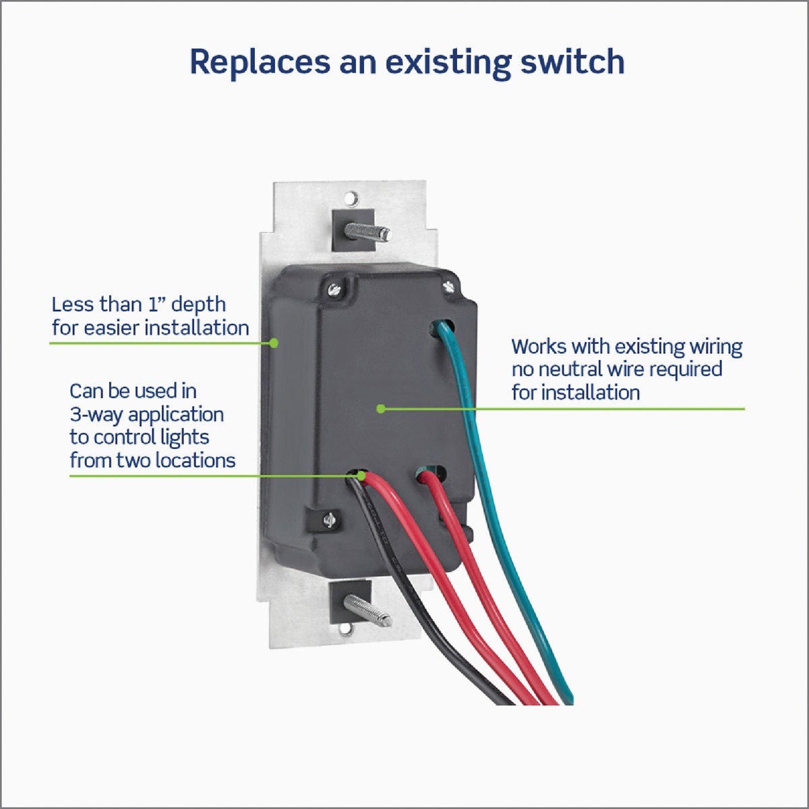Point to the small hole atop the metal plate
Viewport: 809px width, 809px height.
tap(351, 199)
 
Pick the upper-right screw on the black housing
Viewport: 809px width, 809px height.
tap(450, 287)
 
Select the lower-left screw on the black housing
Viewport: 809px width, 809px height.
tap(329, 520)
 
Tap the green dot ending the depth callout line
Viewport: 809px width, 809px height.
tap(274, 342)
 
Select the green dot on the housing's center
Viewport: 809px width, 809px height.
tap(380, 409)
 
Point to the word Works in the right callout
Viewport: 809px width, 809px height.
tap(539, 347)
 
